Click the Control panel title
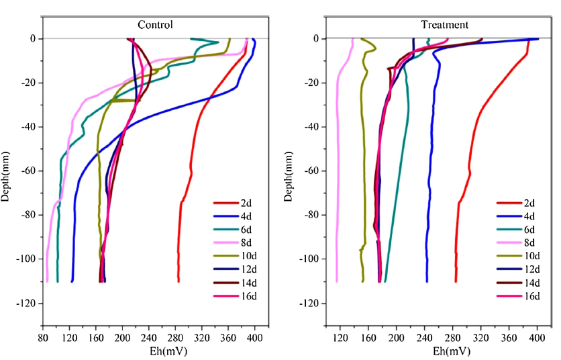155,25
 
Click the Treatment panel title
444,25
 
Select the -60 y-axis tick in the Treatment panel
310,171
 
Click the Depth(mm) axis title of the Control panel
6,171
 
